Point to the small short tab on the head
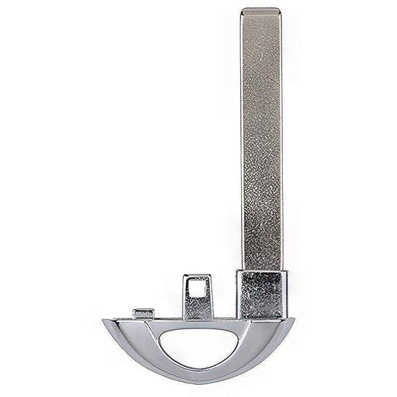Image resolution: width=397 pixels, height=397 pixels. [143, 313]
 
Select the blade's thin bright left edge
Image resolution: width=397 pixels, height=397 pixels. [242, 139]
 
